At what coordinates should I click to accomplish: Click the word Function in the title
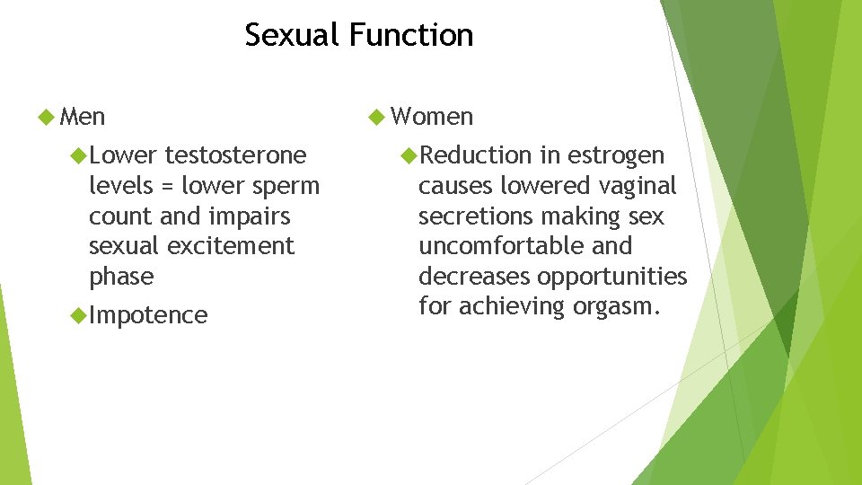pyautogui.click(x=411, y=35)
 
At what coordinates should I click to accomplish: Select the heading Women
pyautogui.click(x=432, y=117)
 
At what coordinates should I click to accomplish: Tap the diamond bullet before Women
pyautogui.click(x=378, y=117)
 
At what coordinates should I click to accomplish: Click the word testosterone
pyautogui.click(x=235, y=155)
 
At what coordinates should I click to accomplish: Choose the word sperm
pyautogui.click(x=285, y=186)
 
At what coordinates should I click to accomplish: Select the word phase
pyautogui.click(x=121, y=277)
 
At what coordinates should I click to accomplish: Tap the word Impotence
pyautogui.click(x=148, y=315)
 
